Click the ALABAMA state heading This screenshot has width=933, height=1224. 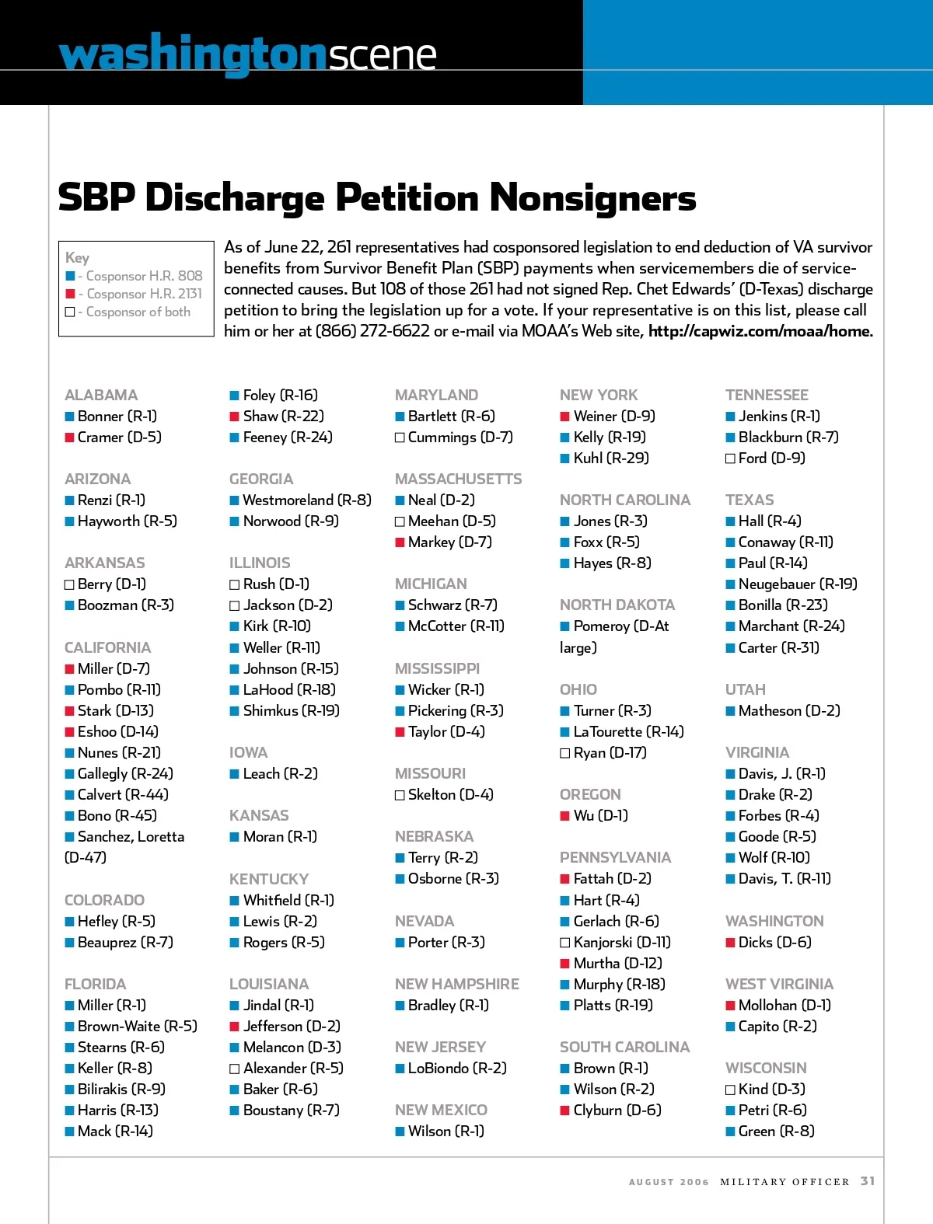pyautogui.click(x=101, y=395)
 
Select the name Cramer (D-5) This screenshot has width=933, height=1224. pyautogui.click(x=119, y=437)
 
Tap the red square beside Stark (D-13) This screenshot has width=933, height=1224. pyautogui.click(x=69, y=710)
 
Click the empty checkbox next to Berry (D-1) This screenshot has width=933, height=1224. pyautogui.click(x=69, y=584)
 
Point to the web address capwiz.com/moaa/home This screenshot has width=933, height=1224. pyautogui.click(x=760, y=331)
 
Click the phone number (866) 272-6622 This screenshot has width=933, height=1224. pyautogui.click(x=372, y=331)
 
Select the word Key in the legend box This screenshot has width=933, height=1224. pyautogui.click(x=77, y=257)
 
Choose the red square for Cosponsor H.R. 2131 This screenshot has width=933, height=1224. pyautogui.click(x=71, y=294)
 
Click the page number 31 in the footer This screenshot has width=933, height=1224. pyautogui.click(x=868, y=1181)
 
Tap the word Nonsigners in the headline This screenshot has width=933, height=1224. pyautogui.click(x=593, y=197)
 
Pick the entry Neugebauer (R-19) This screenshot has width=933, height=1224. pyautogui.click(x=798, y=584)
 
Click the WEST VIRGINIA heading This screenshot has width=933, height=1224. pyautogui.click(x=779, y=984)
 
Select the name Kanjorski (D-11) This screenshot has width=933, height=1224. pyautogui.click(x=622, y=942)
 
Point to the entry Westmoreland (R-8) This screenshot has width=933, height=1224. pyautogui.click(x=307, y=500)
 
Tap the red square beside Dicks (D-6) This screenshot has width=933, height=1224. pyautogui.click(x=730, y=943)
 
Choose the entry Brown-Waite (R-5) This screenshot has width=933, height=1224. pyautogui.click(x=137, y=1026)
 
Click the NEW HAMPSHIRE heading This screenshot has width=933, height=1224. pyautogui.click(x=456, y=984)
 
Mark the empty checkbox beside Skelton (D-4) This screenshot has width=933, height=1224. pyautogui.click(x=400, y=795)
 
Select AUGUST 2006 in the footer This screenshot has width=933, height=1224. pyautogui.click(x=669, y=1182)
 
